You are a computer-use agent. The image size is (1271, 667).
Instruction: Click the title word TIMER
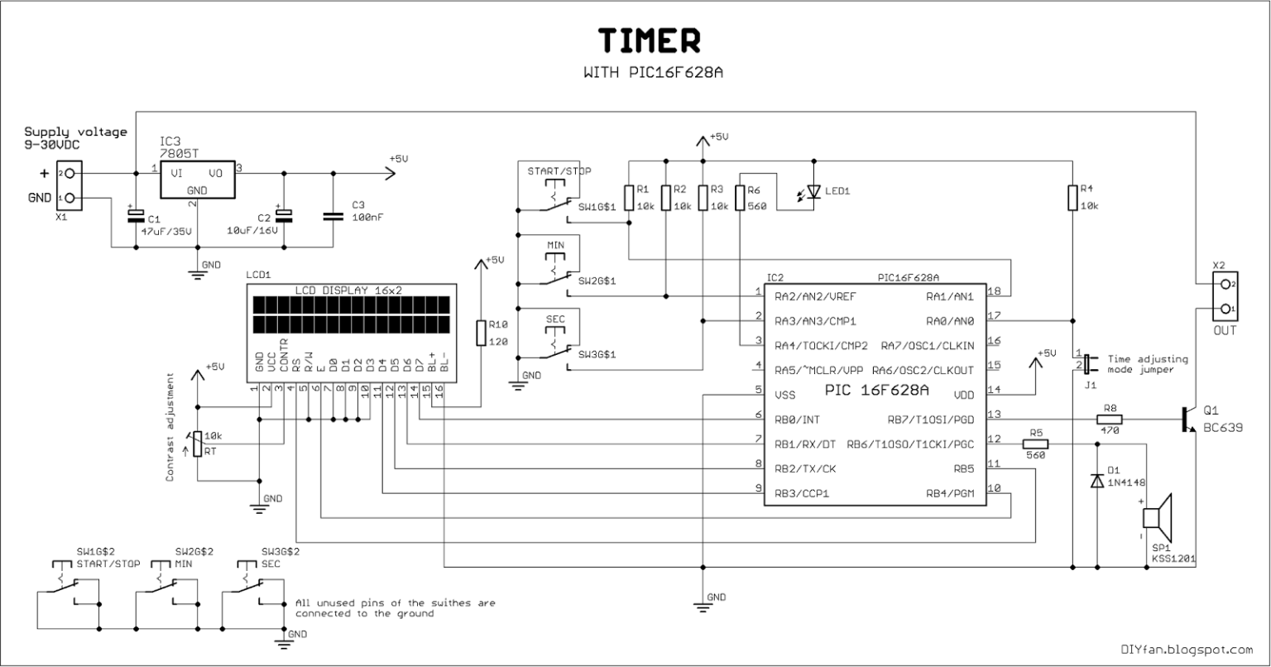click(x=650, y=41)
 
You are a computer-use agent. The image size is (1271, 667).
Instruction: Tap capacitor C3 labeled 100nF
click(x=333, y=216)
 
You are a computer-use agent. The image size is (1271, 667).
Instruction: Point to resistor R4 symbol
click(x=1073, y=199)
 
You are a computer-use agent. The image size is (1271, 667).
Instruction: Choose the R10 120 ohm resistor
click(x=479, y=333)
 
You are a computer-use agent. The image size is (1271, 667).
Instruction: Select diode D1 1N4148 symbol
click(x=1097, y=480)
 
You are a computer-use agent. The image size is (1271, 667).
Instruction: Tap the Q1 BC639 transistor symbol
click(x=1187, y=420)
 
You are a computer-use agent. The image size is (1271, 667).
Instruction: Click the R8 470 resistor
click(x=1109, y=420)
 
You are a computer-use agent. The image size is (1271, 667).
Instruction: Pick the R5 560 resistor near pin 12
click(x=1035, y=444)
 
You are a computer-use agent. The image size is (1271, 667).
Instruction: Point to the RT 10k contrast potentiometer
click(x=196, y=444)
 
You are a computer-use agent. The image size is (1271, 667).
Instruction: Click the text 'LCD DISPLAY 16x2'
click(x=349, y=290)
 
